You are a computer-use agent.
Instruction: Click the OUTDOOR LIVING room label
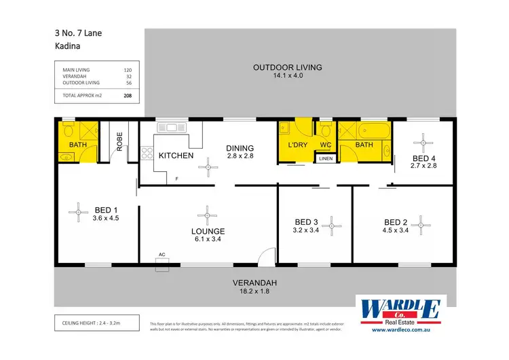(x=287, y=67)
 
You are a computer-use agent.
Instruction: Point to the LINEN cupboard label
(x=325, y=159)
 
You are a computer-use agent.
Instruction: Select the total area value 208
(x=128, y=96)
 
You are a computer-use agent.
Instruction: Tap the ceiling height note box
(x=96, y=321)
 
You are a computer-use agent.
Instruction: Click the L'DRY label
(x=299, y=145)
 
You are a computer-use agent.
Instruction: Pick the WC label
(x=325, y=145)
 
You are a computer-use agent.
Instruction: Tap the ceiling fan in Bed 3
(x=332, y=224)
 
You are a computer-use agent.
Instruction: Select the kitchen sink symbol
(x=171, y=127)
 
